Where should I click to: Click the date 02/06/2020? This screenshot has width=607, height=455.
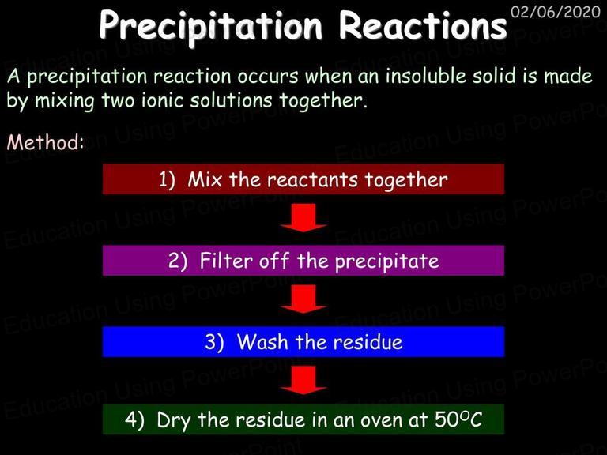[556, 12]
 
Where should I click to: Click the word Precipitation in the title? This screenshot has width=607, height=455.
[211, 26]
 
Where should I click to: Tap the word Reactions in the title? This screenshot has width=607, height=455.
[423, 25]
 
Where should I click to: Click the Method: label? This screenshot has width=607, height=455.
[45, 142]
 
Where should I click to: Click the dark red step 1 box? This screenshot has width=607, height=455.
[303, 179]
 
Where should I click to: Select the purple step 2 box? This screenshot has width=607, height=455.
[303, 261]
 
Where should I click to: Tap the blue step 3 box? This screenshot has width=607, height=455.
[303, 341]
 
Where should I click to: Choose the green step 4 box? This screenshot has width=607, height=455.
[303, 419]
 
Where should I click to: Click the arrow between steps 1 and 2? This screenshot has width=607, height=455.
[303, 217]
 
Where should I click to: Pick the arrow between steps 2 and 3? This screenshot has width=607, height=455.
[303, 299]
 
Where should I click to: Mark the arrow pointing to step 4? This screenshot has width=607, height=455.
[303, 380]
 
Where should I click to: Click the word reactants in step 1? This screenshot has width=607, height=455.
[312, 180]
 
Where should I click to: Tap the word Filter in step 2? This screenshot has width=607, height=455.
[226, 261]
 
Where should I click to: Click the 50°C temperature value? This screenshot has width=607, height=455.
[458, 419]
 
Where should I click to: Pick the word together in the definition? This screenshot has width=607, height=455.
[322, 101]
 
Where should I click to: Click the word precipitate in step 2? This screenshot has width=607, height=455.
[387, 261]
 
